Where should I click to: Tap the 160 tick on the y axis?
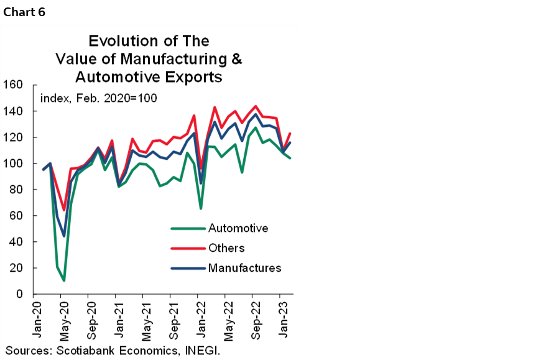click(x=13, y=85)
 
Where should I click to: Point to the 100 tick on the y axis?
click(x=13, y=164)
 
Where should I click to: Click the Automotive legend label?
click(x=238, y=228)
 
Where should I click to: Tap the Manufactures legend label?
click(x=244, y=268)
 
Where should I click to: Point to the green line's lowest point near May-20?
click(x=64, y=280)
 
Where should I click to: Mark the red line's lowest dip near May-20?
click(x=64, y=210)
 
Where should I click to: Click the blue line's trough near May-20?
click(x=64, y=236)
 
